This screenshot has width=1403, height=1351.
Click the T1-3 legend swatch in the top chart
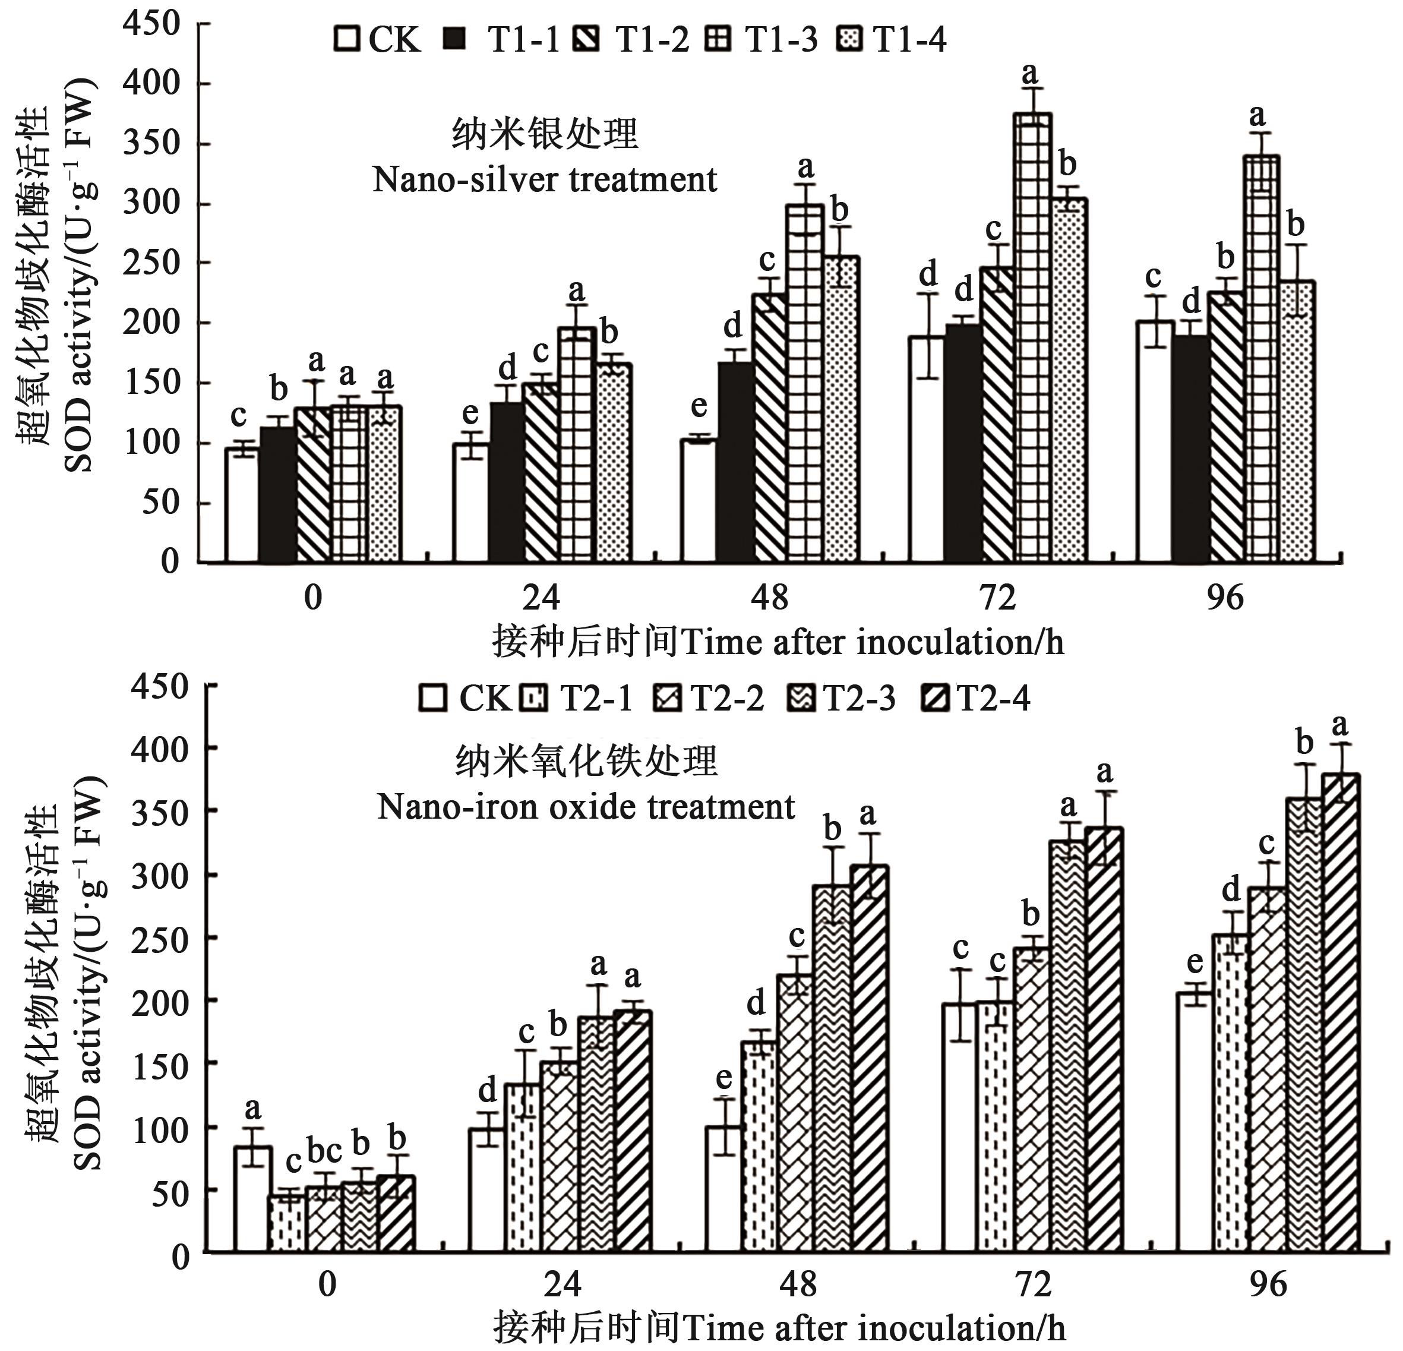point(718,39)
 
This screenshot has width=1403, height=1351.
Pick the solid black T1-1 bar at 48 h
point(736,462)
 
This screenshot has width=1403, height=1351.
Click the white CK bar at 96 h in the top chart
point(1154,441)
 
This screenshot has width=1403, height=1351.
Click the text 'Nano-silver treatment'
point(545,179)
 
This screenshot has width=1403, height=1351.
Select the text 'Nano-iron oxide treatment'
point(586,807)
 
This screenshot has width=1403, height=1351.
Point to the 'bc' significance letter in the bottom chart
point(324,1151)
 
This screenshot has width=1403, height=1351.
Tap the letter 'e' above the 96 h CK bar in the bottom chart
point(1195,963)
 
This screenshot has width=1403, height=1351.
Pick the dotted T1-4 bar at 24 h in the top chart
point(614,462)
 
